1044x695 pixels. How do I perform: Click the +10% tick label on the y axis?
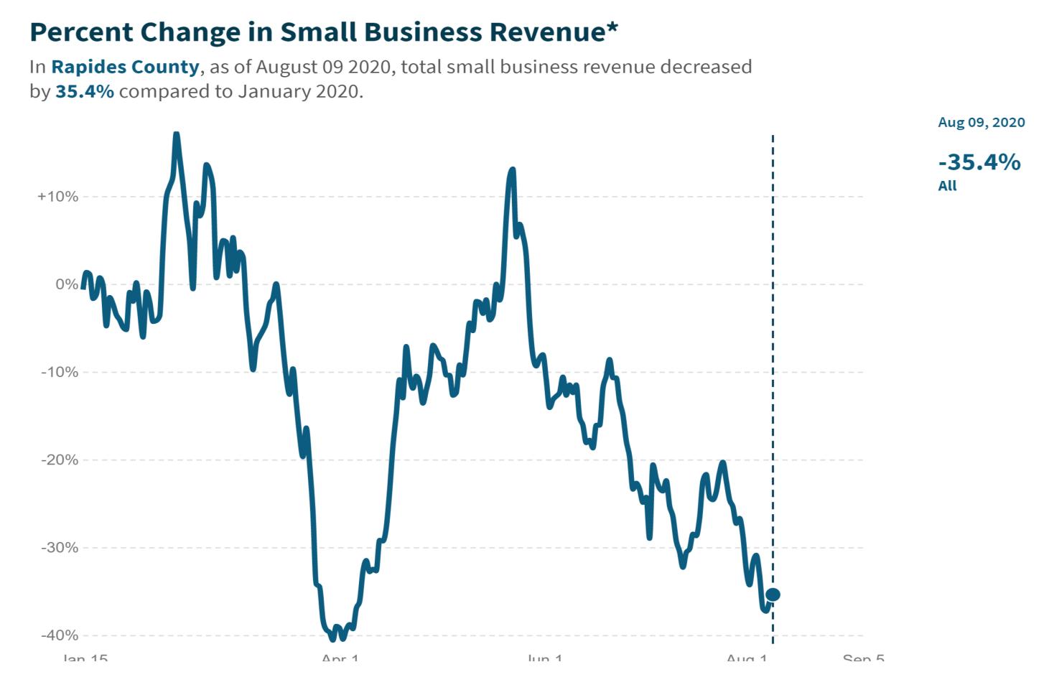pyautogui.click(x=57, y=197)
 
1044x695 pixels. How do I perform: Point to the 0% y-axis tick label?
pyautogui.click(x=66, y=284)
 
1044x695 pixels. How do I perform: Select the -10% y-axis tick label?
pyautogui.click(x=59, y=372)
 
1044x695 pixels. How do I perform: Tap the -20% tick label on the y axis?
pyautogui.click(x=59, y=460)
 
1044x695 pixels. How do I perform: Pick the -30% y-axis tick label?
pyautogui.click(x=59, y=548)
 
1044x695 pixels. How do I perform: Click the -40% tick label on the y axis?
pyautogui.click(x=59, y=635)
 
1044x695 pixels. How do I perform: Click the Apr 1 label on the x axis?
pyautogui.click(x=340, y=658)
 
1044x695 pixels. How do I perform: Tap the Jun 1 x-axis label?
pyautogui.click(x=545, y=658)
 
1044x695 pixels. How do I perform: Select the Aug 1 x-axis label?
pyautogui.click(x=747, y=658)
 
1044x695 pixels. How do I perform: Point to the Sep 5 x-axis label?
pyautogui.click(x=863, y=658)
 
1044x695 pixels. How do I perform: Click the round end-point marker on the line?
pyautogui.click(x=773, y=594)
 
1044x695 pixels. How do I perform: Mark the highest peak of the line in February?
pyautogui.click(x=176, y=135)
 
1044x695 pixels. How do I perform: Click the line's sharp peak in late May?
pyautogui.click(x=512, y=171)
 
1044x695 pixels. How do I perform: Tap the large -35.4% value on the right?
pyautogui.click(x=979, y=162)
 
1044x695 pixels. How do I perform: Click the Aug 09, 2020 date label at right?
pyautogui.click(x=981, y=122)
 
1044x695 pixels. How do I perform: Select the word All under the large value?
pyautogui.click(x=947, y=186)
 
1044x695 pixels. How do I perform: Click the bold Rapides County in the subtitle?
pyautogui.click(x=125, y=67)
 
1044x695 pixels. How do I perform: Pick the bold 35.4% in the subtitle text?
pyautogui.click(x=84, y=93)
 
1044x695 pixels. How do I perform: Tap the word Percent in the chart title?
pyautogui.click(x=80, y=32)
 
